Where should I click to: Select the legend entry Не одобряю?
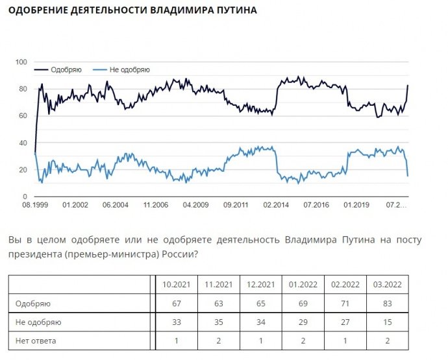click(x=129, y=69)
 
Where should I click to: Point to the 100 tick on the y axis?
click(x=21, y=62)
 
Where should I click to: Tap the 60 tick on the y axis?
click(x=22, y=115)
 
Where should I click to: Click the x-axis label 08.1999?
click(x=34, y=205)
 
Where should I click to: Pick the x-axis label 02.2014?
click(x=276, y=205)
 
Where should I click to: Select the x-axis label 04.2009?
click(x=195, y=205)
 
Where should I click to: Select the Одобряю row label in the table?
click(x=33, y=303)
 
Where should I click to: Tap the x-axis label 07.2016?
click(x=316, y=205)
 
